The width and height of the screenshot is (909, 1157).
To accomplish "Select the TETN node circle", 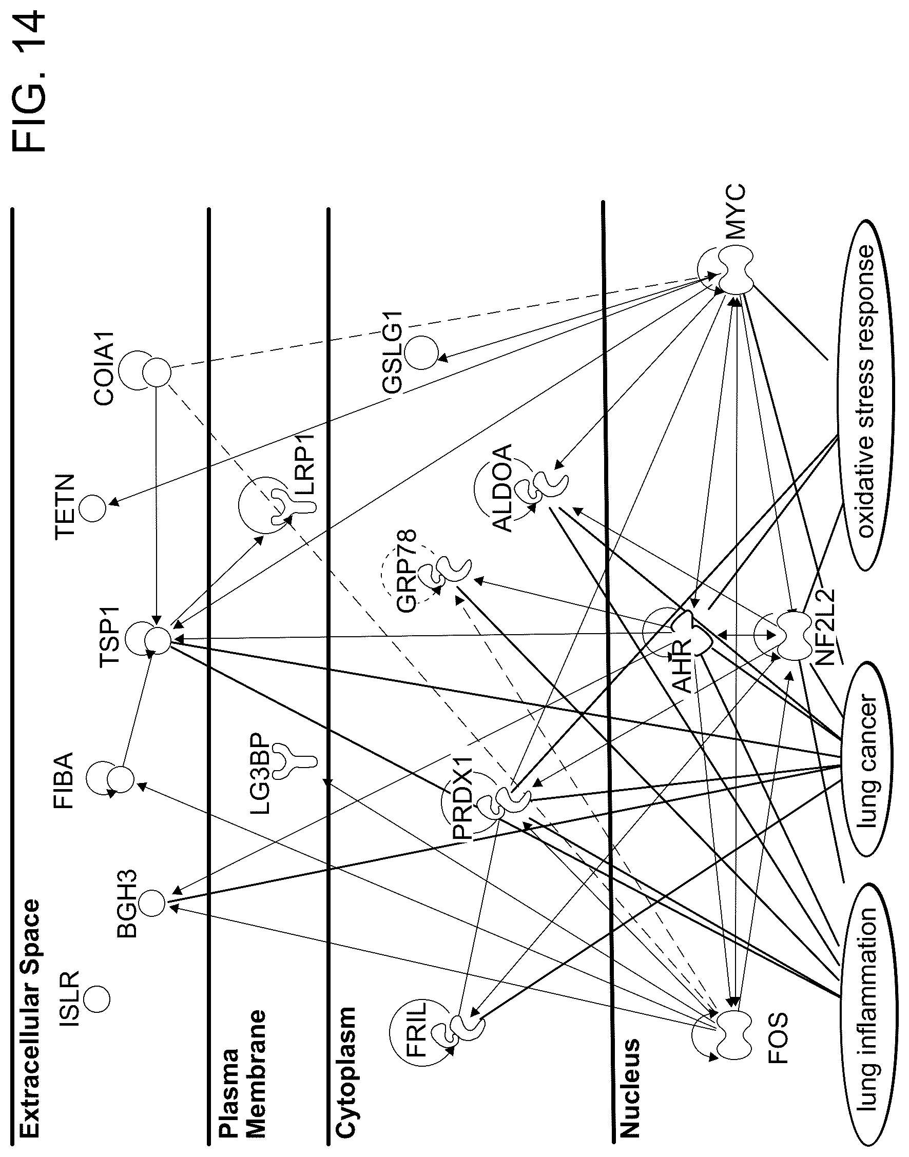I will [x=93, y=508].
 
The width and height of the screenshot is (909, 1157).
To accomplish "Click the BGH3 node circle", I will [x=152, y=903].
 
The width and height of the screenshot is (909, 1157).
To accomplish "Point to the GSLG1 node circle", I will [x=421, y=351].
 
